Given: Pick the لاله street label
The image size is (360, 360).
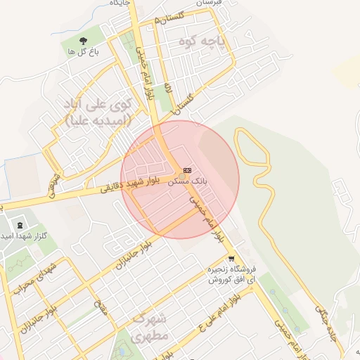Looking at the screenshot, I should [x=168, y=89].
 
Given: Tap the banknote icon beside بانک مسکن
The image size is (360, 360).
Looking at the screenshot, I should [x=187, y=170].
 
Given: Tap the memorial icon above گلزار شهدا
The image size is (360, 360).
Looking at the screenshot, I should [x=19, y=224].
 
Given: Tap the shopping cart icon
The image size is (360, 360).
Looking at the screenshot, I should [x=231, y=258].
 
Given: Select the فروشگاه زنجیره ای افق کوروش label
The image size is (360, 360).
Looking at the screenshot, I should [x=232, y=274].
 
